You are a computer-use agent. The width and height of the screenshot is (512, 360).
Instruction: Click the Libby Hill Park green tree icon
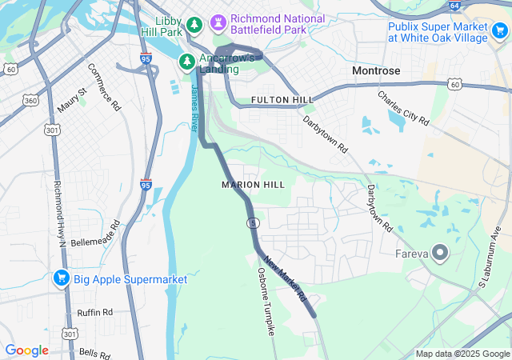point(194,26)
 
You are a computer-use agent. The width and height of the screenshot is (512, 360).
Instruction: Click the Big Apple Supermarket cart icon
point(61,279)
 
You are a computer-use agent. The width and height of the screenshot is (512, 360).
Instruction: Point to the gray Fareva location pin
point(440,254)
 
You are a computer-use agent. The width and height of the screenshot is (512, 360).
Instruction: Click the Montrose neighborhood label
point(376,71)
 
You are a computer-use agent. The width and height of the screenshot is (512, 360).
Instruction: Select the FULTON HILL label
point(282,99)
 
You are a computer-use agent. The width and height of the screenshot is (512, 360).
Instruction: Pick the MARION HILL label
point(252,185)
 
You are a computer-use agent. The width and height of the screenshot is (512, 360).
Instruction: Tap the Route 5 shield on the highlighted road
point(252,222)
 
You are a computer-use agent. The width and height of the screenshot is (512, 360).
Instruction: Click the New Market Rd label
point(286,279)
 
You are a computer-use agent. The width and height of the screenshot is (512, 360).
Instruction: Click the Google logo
point(27,350)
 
